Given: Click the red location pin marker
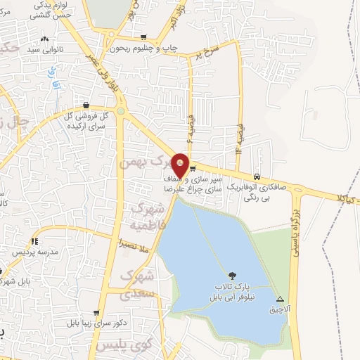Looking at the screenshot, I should click(181, 165).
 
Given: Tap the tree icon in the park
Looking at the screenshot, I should click(233, 276).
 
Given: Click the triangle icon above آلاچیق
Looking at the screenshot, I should click(281, 298).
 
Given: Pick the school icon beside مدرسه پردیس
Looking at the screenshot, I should click(34, 241).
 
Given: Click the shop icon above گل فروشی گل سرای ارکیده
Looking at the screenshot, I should click(86, 105).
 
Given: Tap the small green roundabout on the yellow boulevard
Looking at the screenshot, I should click(121, 111).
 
